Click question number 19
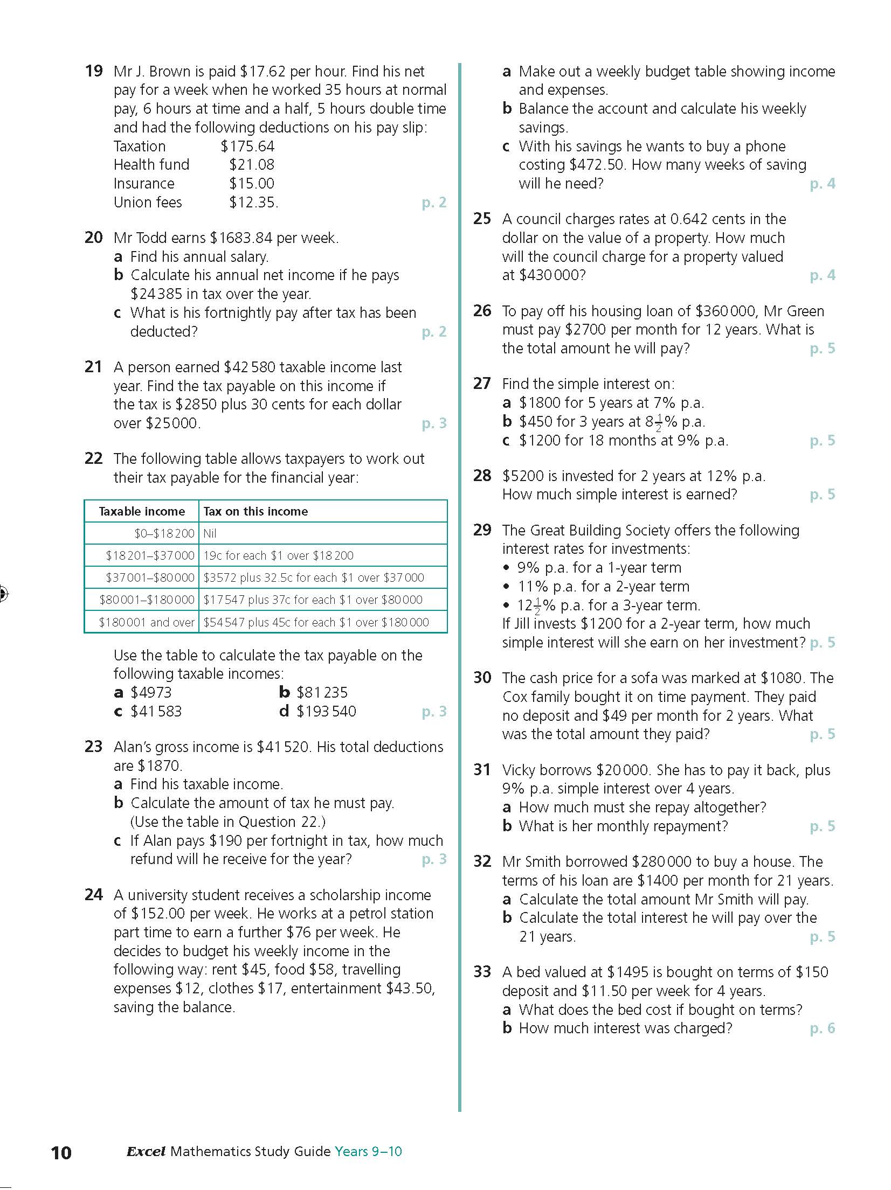pyautogui.click(x=94, y=71)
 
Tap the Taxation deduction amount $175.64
pyautogui.click(x=247, y=146)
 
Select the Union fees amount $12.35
pyautogui.click(x=253, y=203)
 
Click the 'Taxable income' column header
pyautogui.click(x=142, y=511)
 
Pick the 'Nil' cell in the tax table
pyautogui.click(x=210, y=533)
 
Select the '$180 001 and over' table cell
pyautogui.click(x=146, y=622)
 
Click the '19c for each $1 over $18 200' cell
pyautogui.click(x=278, y=555)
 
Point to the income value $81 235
pyautogui.click(x=322, y=693)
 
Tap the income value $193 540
pyautogui.click(x=326, y=712)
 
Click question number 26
pyautogui.click(x=482, y=311)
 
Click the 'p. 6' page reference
pyautogui.click(x=823, y=1028)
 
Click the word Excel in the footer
pyautogui.click(x=146, y=1151)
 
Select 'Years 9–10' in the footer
pyautogui.click(x=368, y=1151)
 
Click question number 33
pyautogui.click(x=482, y=972)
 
